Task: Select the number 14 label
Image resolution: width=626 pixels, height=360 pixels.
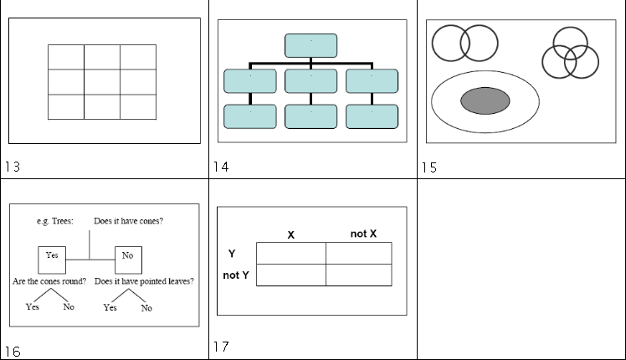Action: [221, 167]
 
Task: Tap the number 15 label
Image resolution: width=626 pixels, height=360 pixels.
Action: [428, 167]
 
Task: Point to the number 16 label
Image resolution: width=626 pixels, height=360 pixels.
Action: [13, 352]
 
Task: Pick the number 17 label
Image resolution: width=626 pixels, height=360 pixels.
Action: [221, 347]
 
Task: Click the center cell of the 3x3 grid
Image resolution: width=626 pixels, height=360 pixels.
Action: [102, 82]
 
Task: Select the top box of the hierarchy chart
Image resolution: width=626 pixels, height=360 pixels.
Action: [310, 45]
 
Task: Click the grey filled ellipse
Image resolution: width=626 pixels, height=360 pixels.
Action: [485, 100]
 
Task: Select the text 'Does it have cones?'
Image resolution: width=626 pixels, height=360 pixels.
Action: [128, 222]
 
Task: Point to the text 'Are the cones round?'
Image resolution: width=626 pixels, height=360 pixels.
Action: [49, 281]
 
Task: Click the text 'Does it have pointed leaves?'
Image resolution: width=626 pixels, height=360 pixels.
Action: [145, 281]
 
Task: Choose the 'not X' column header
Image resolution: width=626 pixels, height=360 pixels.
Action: [363, 233]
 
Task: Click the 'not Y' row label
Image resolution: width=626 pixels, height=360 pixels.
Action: [236, 275]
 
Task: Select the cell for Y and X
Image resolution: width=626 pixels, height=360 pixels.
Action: [290, 253]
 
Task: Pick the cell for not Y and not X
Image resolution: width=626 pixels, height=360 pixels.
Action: [358, 275]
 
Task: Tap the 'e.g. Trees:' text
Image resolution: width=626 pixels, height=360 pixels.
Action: [55, 222]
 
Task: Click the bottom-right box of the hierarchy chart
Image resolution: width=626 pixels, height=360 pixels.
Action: [372, 116]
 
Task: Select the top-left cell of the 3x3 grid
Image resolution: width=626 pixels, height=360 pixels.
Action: [66, 57]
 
